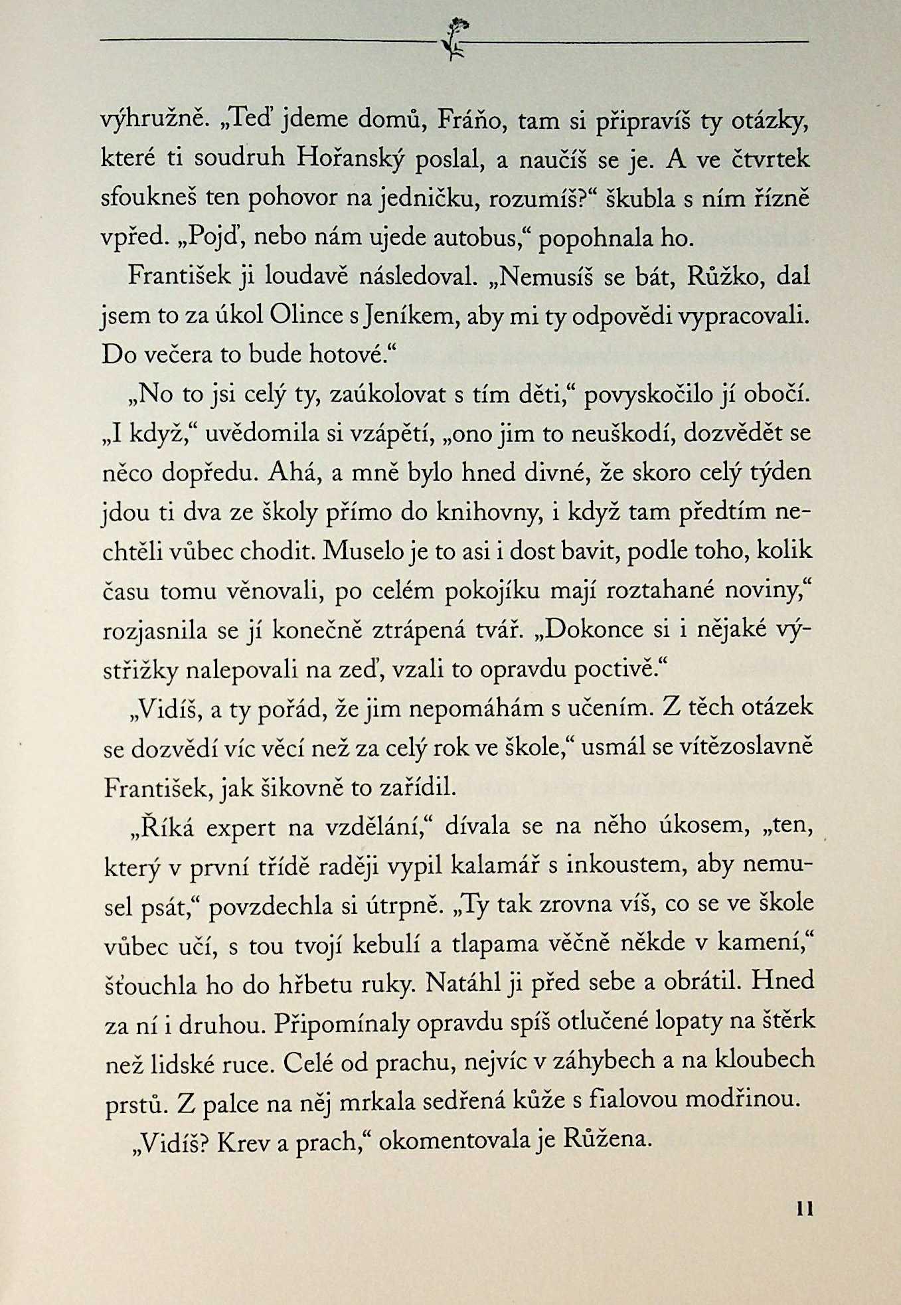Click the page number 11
coord(804,1209)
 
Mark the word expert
coord(240,827)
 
